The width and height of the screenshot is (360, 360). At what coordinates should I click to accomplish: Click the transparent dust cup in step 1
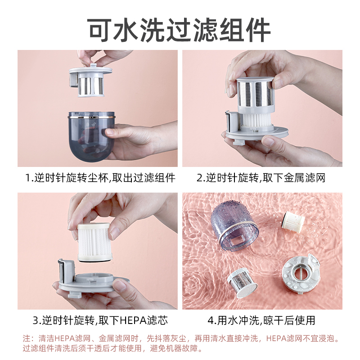point(91,137)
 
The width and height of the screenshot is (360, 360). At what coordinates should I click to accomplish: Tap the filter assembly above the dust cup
point(90,81)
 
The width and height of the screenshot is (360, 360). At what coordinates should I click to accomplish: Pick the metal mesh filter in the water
point(242,283)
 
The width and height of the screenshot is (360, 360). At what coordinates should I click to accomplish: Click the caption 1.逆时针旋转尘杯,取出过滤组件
point(100,178)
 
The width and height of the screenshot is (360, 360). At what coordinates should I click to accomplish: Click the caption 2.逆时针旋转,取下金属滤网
point(261,178)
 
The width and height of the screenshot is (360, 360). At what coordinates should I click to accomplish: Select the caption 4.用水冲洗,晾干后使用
point(261,320)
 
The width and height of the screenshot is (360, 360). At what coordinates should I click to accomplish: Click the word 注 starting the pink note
point(27,338)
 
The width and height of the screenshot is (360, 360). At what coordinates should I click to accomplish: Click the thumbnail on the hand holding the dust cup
point(110,131)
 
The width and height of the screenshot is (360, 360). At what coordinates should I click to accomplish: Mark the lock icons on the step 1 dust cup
point(90,124)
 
